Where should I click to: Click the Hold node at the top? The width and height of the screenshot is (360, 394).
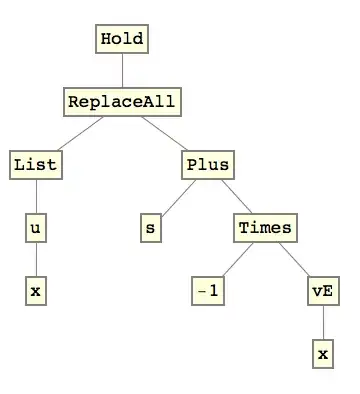pyautogui.click(x=123, y=40)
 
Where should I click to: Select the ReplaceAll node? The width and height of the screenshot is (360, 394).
pyautogui.click(x=123, y=101)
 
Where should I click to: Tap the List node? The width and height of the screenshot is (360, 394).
pyautogui.click(x=36, y=164)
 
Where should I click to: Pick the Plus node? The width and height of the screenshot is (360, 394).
pyautogui.click(x=208, y=164)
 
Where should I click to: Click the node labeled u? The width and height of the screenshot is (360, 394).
pyautogui.click(x=36, y=228)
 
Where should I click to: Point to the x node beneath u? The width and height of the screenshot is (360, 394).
pyautogui.click(x=36, y=292)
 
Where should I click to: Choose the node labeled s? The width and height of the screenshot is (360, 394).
pyautogui.click(x=151, y=228)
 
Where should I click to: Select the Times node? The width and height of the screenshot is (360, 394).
pyautogui.click(x=266, y=228)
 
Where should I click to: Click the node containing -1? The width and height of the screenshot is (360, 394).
pyautogui.click(x=208, y=292)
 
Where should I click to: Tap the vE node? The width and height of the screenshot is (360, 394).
pyautogui.click(x=322, y=292)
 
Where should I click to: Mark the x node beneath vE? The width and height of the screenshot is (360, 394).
pyautogui.click(x=322, y=355)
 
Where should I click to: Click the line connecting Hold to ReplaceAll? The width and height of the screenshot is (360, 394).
pyautogui.click(x=123, y=70)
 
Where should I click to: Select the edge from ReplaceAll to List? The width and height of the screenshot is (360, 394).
pyautogui.click(x=78, y=133)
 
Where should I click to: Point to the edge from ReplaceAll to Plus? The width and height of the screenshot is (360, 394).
pyautogui.click(x=166, y=133)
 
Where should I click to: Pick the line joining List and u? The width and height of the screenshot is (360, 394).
pyautogui.click(x=36, y=196)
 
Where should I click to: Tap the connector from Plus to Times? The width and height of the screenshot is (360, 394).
pyautogui.click(x=236, y=196)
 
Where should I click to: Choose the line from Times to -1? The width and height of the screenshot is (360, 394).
pyautogui.click(x=237, y=260)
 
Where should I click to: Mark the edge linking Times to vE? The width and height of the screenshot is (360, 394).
pyautogui.click(x=294, y=260)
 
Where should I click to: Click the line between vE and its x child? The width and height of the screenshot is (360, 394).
pyautogui.click(x=322, y=324)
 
